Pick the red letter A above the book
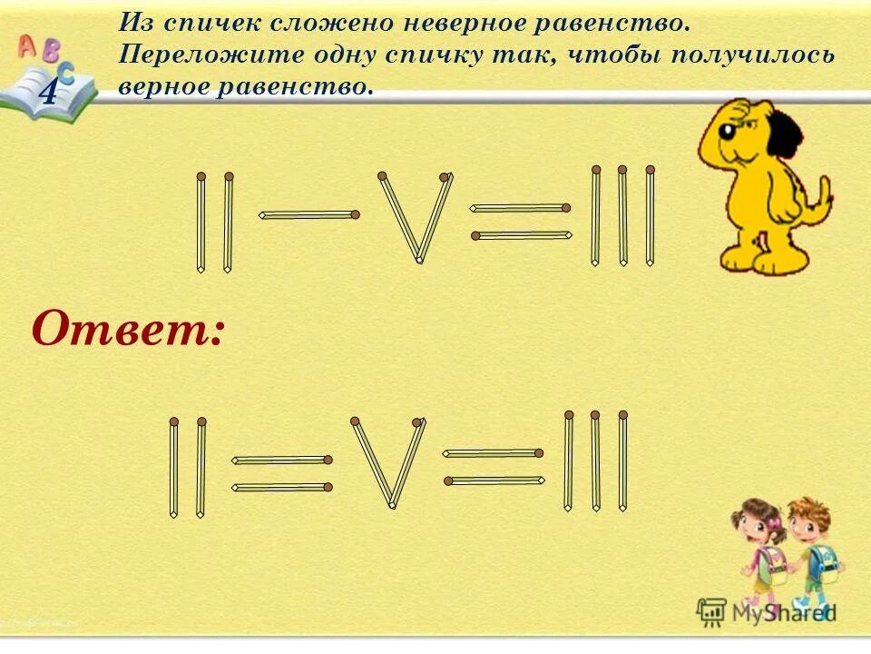26,45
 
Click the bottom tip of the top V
419,260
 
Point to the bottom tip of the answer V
392,504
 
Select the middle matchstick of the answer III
596,461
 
